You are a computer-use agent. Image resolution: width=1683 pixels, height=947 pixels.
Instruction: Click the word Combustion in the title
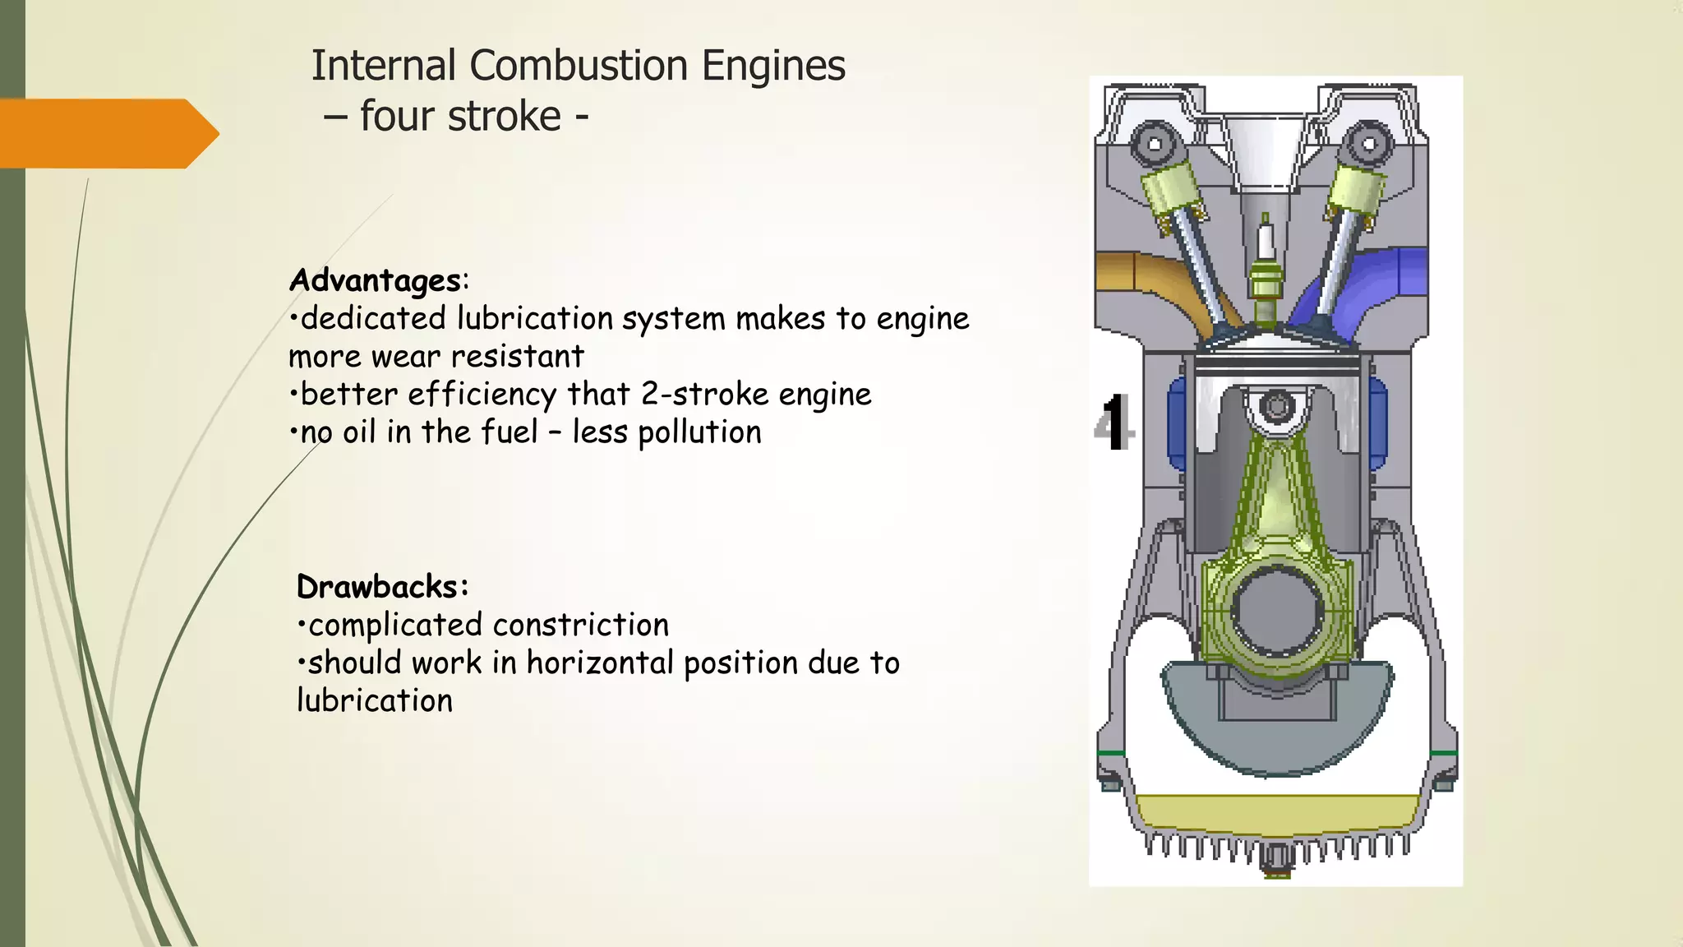(578, 66)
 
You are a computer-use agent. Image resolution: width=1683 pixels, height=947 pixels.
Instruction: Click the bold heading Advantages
(375, 280)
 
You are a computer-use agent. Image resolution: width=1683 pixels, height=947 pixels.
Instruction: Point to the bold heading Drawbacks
(380, 587)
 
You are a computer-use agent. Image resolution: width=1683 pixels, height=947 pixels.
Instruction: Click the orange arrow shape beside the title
(107, 133)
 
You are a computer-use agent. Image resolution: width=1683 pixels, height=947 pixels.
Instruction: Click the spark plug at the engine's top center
(1265, 271)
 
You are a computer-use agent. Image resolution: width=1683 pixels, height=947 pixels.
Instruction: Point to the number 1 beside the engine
(1114, 423)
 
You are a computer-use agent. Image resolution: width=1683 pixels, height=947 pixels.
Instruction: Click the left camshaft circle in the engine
(1154, 145)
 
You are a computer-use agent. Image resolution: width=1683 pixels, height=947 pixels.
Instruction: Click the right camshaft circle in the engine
(1369, 145)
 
